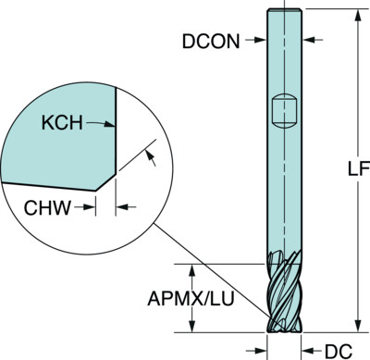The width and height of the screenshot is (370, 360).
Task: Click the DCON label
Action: click(x=211, y=41)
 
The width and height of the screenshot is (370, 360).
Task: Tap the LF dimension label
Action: click(x=359, y=168)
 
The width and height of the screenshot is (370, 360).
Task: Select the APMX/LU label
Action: click(x=191, y=298)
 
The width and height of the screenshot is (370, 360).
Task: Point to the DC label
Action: click(x=339, y=351)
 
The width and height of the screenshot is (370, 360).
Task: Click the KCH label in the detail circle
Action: click(x=62, y=122)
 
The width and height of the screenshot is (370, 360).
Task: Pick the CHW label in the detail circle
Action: click(x=47, y=207)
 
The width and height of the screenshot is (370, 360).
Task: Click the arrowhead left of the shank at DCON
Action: click(x=261, y=40)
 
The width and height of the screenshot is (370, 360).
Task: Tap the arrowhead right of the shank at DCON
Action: click(x=308, y=40)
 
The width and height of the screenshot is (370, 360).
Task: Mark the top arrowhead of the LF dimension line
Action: click(x=358, y=16)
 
